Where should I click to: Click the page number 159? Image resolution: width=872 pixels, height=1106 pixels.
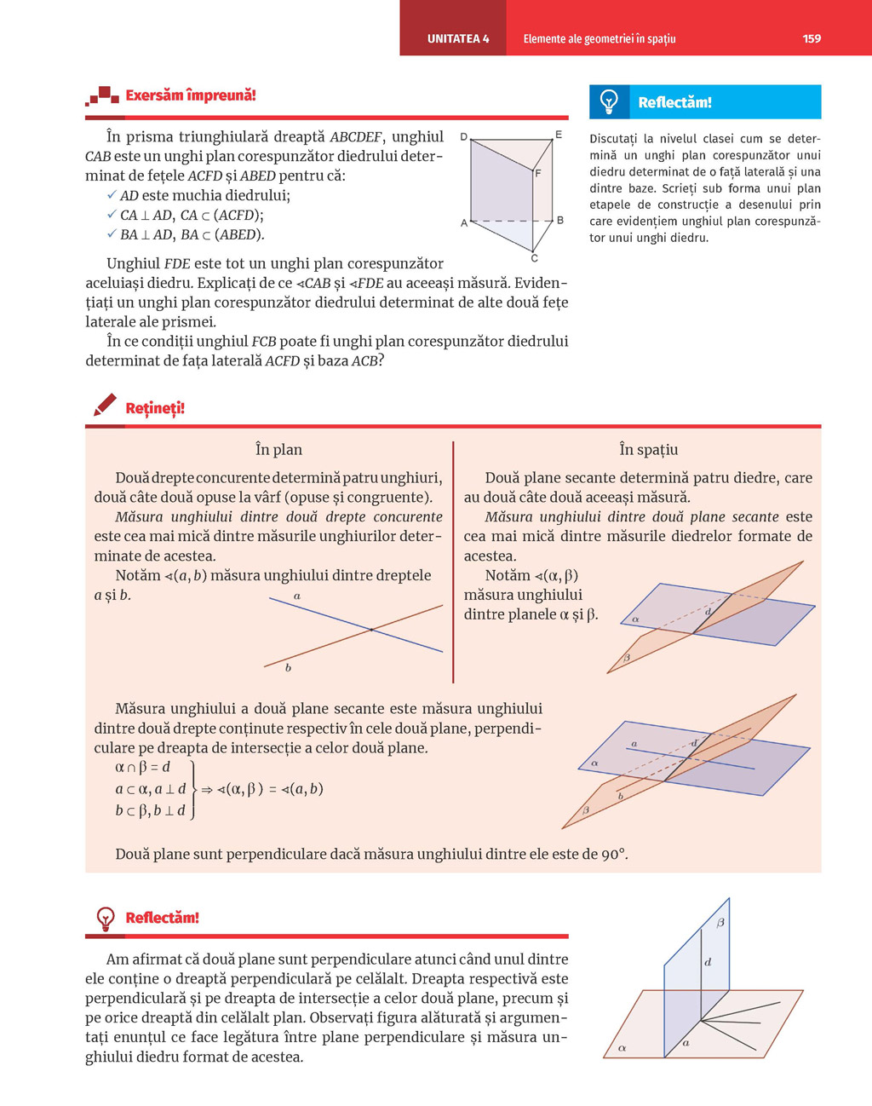coord(812,38)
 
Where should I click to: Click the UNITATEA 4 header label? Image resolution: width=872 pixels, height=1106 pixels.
coord(458,38)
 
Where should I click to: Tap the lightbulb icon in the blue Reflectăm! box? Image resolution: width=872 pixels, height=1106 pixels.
coord(609,101)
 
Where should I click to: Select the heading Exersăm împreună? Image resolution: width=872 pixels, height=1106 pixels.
coord(190,95)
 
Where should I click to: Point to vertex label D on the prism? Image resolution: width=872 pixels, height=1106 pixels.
coord(463,136)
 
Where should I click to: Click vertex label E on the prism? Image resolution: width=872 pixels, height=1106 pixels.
coord(559,135)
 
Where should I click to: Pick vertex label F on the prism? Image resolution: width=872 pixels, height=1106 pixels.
coord(537,173)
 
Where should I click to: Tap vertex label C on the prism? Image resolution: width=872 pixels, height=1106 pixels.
coord(535,258)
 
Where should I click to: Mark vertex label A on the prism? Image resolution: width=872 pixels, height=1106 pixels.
coord(463,223)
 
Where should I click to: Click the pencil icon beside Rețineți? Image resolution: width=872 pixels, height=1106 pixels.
coord(105,406)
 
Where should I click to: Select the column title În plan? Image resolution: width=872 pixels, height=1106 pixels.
coord(278,450)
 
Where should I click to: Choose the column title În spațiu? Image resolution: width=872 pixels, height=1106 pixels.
coord(648,450)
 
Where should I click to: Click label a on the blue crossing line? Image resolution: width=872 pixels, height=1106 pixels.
coord(296,596)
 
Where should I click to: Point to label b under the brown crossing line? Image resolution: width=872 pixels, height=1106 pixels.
coord(288,668)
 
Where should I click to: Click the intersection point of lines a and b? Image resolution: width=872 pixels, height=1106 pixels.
coord(371,630)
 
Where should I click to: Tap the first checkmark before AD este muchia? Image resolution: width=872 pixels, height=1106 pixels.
coord(112,195)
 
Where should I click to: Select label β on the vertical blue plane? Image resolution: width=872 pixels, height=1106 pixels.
coord(720,923)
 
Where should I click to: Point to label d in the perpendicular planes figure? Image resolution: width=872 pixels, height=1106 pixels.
coord(708,962)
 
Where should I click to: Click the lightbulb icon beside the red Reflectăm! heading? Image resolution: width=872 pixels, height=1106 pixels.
coord(105,918)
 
